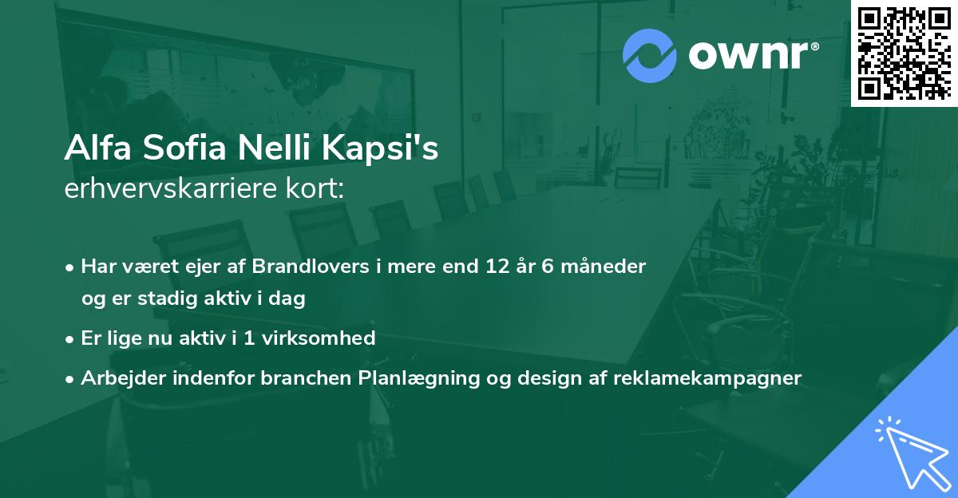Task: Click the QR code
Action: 904,53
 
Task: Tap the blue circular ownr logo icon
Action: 649,56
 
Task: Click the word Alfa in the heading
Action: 98,148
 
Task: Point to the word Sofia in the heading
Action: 184,148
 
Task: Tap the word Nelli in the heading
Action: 274,148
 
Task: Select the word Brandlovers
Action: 311,267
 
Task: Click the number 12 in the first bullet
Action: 498,267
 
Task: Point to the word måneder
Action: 603,267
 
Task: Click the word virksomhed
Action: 319,338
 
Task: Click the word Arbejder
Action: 123,377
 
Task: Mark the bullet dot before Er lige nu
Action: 69,340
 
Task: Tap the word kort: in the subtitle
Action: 315,188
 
